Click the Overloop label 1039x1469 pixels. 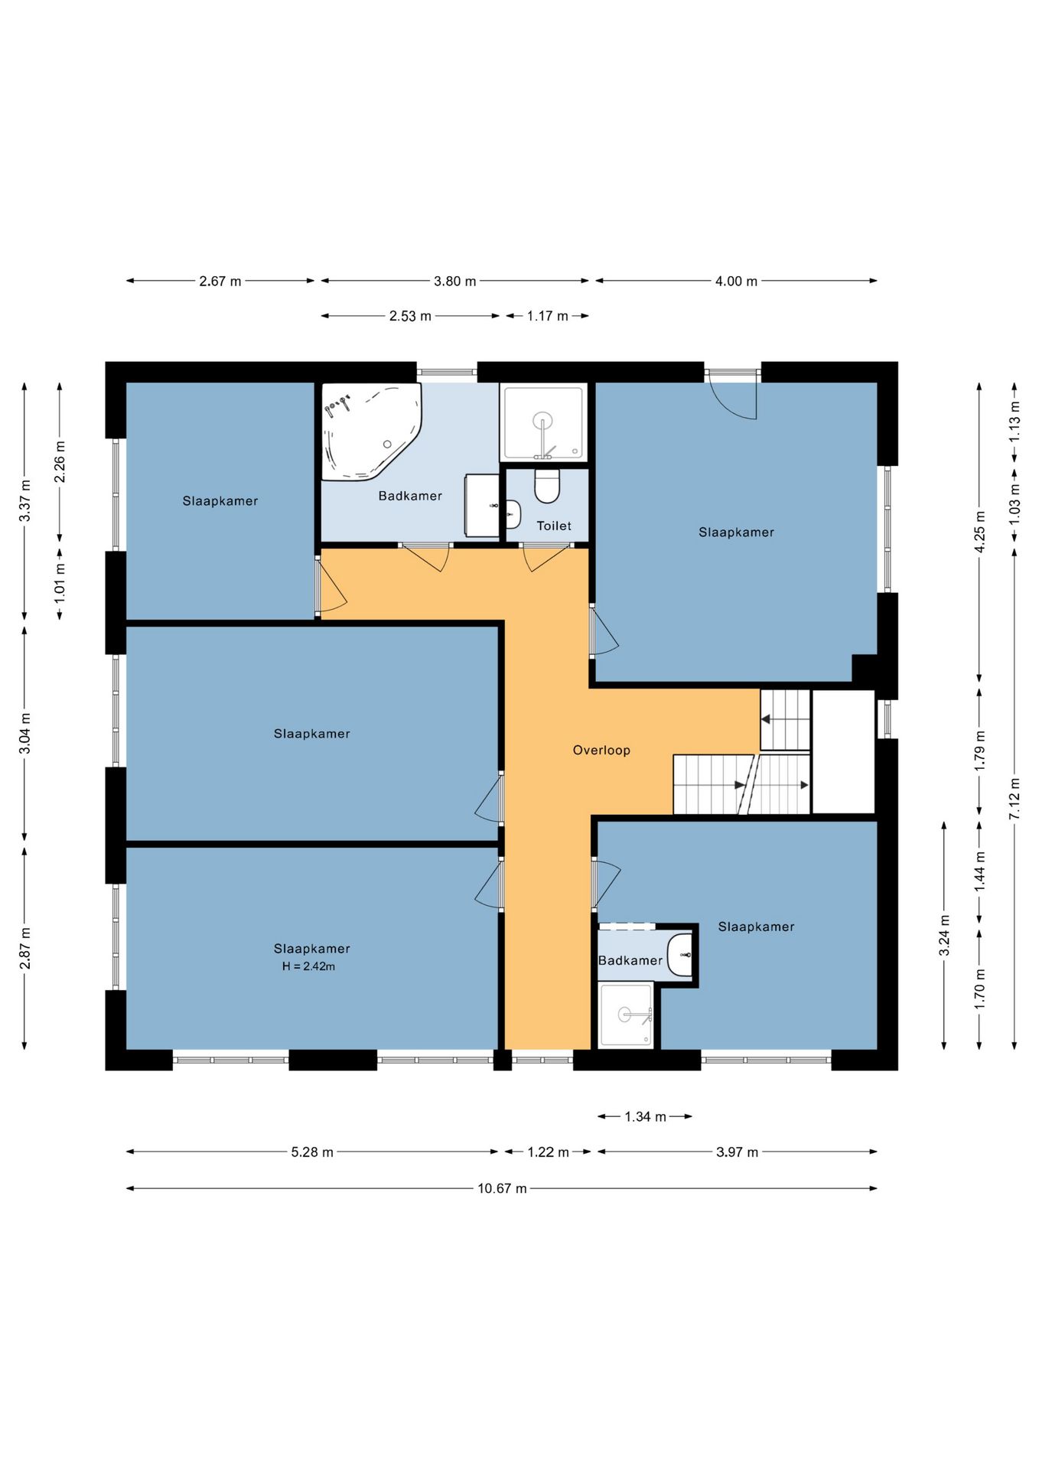point(601,751)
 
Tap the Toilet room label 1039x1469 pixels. point(554,526)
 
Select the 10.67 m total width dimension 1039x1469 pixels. point(502,1188)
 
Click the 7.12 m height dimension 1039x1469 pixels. point(1015,799)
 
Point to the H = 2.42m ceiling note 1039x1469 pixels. point(308,966)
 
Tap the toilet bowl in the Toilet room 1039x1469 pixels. point(547,486)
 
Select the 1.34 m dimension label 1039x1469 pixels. point(645,1116)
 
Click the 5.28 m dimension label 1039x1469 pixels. point(312,1151)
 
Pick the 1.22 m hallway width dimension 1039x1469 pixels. point(548,1151)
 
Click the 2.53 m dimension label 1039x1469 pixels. point(410,316)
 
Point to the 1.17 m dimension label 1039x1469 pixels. point(547,316)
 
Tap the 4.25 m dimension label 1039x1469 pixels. point(980,531)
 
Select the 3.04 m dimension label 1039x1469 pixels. point(25,733)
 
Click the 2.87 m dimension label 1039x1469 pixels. point(25,948)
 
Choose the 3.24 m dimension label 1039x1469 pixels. point(945,935)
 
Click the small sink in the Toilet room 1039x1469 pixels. point(513,514)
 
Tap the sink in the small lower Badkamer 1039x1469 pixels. point(680,955)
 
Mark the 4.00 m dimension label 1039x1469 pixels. point(736,281)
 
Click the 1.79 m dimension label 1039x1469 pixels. point(980,751)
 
